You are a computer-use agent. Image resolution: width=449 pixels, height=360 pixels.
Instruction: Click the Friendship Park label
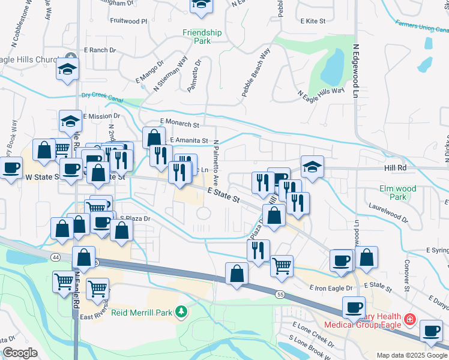point(202,37)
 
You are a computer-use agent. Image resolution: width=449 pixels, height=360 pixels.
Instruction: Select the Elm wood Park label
point(397,192)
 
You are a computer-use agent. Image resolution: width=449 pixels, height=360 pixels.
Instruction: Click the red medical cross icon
point(410,320)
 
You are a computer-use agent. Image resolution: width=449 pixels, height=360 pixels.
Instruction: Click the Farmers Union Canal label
point(422,26)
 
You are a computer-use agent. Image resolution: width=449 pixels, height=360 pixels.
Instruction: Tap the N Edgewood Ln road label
point(355,70)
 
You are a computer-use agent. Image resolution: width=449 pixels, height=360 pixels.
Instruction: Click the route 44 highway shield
point(55,257)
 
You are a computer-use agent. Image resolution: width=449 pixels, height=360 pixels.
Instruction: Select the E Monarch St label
point(179,124)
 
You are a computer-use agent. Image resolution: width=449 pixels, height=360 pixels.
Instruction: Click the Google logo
point(20,353)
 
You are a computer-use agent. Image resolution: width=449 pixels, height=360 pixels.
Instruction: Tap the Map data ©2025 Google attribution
point(412,355)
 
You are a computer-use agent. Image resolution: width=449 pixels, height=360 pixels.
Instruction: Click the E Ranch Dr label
point(99,50)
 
